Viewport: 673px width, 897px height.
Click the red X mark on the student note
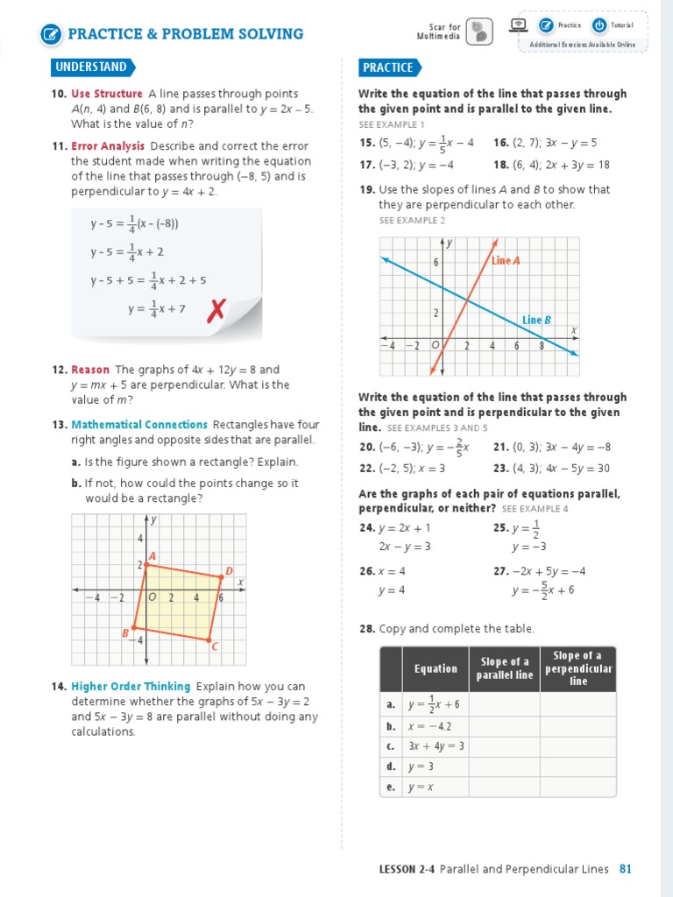click(x=216, y=309)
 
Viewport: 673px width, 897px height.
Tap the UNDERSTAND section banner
click(x=91, y=67)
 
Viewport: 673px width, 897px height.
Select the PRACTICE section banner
click(x=387, y=67)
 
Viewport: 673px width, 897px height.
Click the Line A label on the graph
click(x=506, y=261)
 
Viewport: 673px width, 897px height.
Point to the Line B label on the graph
click(x=536, y=320)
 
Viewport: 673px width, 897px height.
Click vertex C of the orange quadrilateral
click(x=209, y=642)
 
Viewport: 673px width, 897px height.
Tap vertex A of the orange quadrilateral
click(x=146, y=565)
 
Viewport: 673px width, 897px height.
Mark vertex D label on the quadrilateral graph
click(x=229, y=572)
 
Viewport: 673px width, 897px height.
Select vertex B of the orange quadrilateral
click(x=133, y=630)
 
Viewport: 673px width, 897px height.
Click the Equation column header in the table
click(x=436, y=668)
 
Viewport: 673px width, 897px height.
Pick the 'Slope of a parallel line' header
click(x=505, y=668)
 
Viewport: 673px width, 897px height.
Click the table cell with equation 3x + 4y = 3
click(x=436, y=746)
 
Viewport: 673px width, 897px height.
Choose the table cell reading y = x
click(x=422, y=787)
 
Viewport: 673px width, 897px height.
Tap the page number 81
click(x=625, y=869)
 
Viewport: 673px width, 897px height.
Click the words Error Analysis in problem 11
click(x=108, y=146)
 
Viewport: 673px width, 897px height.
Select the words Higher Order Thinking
click(x=131, y=687)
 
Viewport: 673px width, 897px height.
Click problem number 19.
click(x=366, y=190)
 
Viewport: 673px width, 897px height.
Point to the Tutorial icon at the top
click(x=599, y=25)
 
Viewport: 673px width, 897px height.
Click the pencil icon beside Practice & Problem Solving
click(x=52, y=35)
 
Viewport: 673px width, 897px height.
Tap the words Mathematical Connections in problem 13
click(x=139, y=425)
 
